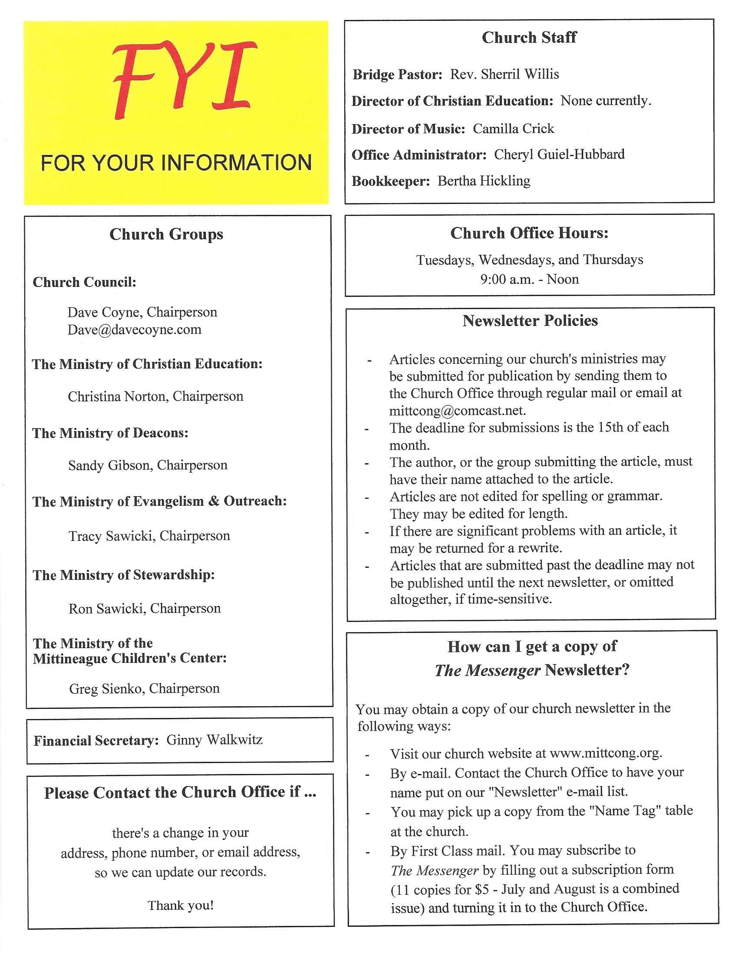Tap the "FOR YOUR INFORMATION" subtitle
pyautogui.click(x=176, y=163)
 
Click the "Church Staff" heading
pyautogui.click(x=529, y=38)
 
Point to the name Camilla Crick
pyautogui.click(x=513, y=128)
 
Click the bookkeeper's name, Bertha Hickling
pyautogui.click(x=484, y=181)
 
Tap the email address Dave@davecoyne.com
pyautogui.click(x=135, y=329)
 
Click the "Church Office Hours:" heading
pyautogui.click(x=529, y=233)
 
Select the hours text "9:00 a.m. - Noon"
pyautogui.click(x=529, y=279)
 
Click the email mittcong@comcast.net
pyautogui.click(x=457, y=411)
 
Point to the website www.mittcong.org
pyautogui.click(x=605, y=754)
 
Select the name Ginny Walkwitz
pyautogui.click(x=214, y=740)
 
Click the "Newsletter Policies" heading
pyautogui.click(x=530, y=321)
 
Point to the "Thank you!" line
pyautogui.click(x=181, y=905)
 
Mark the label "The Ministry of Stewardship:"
pyautogui.click(x=124, y=575)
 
